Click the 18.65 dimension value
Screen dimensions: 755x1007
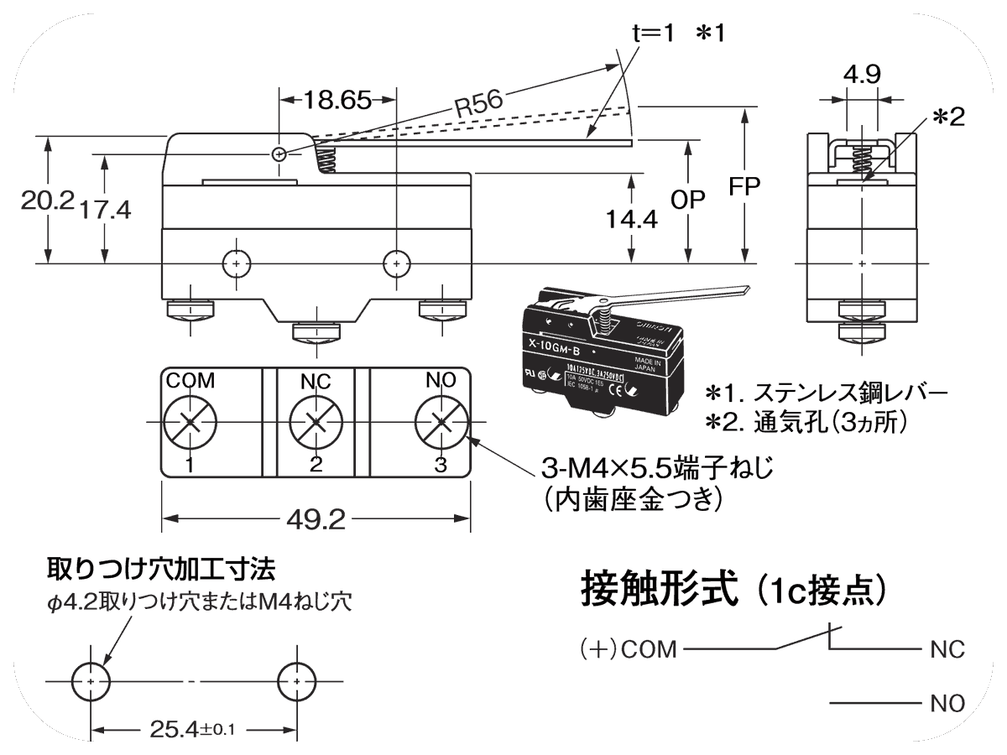[337, 101]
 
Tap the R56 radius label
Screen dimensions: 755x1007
[477, 105]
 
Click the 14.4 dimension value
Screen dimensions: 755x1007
[630, 219]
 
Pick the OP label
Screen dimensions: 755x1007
[688, 200]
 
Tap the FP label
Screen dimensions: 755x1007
[743, 186]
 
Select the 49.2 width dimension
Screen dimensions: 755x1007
[315, 521]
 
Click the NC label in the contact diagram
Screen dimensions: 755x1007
[947, 650]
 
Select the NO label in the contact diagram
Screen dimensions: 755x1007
[947, 703]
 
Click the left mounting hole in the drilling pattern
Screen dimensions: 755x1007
[90, 682]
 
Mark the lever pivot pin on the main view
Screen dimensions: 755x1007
[280, 154]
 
